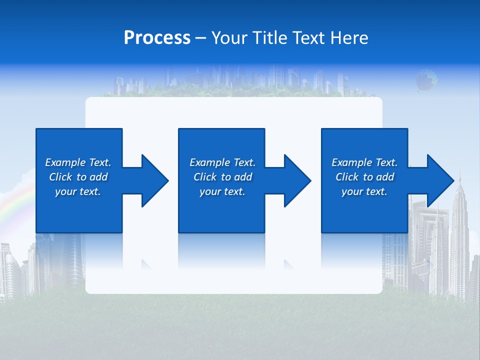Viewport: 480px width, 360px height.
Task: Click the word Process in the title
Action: point(157,38)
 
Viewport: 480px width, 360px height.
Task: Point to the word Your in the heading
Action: point(229,38)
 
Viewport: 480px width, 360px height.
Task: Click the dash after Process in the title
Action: point(200,38)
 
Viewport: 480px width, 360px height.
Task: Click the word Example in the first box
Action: point(65,162)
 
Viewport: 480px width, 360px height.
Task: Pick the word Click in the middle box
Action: point(204,177)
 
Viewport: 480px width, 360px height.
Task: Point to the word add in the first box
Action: point(98,177)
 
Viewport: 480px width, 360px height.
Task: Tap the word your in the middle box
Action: point(210,191)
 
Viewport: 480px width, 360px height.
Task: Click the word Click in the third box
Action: point(346,177)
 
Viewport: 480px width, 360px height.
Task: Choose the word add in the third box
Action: point(385,177)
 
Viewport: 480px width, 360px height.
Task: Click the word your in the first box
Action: point(65,191)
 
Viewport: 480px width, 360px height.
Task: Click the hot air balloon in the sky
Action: point(426,79)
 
